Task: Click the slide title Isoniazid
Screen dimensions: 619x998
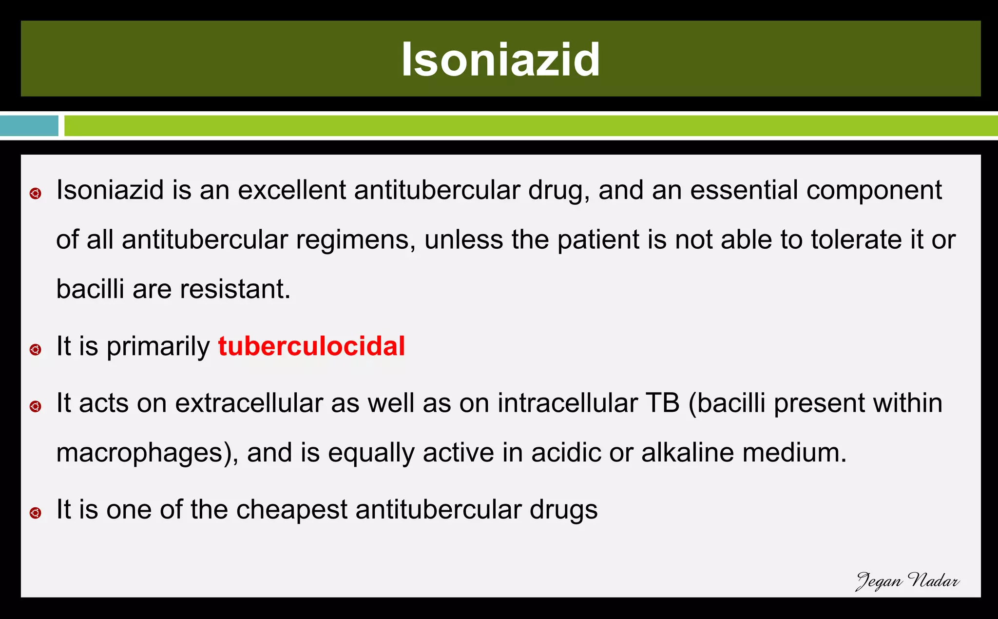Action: [x=500, y=60]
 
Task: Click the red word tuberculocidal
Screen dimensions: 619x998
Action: [x=311, y=346]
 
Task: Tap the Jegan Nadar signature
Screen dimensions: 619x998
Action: [x=907, y=581]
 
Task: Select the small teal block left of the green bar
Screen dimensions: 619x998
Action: [x=29, y=126]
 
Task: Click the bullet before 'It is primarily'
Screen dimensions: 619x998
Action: [x=35, y=350]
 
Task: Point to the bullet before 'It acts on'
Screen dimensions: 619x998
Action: [x=35, y=406]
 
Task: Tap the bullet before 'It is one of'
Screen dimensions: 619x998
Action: [x=35, y=513]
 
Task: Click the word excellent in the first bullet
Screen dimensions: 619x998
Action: [x=291, y=190]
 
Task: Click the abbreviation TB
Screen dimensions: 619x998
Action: [x=662, y=403]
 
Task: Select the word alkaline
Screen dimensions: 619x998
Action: [x=688, y=453]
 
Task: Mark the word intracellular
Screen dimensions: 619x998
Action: [x=567, y=403]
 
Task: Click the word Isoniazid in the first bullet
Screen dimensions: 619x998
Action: [x=110, y=190]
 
